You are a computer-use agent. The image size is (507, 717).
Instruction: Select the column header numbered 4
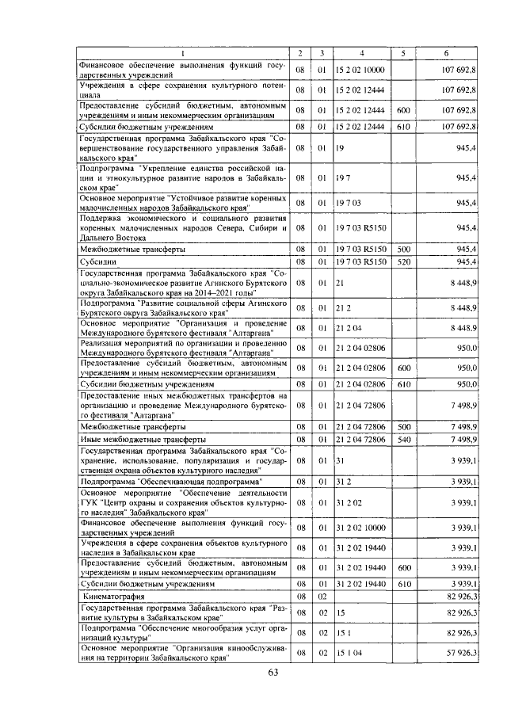[x=362, y=53]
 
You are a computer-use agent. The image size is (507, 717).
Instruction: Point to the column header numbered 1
[x=182, y=53]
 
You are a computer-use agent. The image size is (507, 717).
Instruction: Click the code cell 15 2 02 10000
[x=361, y=71]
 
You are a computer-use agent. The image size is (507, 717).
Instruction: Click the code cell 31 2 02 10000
[x=361, y=526]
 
